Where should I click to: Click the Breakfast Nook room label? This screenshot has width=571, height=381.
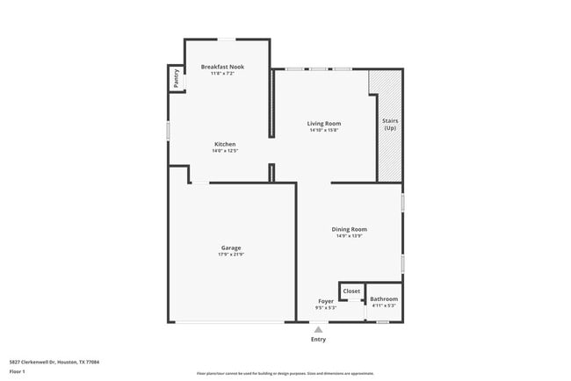click(x=222, y=67)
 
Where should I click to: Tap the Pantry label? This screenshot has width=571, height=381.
click(x=177, y=78)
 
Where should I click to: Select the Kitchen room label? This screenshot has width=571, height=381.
click(x=225, y=144)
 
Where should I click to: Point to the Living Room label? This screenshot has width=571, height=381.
click(x=323, y=124)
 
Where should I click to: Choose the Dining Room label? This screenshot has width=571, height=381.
click(x=349, y=229)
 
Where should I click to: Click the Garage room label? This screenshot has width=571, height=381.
click(x=231, y=248)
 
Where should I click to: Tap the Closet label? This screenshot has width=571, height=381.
click(x=351, y=291)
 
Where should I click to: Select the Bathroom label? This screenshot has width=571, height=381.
click(x=384, y=298)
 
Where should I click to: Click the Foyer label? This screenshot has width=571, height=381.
click(x=325, y=300)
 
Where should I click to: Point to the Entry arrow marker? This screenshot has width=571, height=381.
click(x=318, y=329)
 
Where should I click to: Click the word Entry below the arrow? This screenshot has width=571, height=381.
click(x=318, y=340)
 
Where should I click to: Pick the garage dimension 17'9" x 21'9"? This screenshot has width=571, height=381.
click(x=231, y=255)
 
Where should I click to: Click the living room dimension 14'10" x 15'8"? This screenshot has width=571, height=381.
click(x=323, y=131)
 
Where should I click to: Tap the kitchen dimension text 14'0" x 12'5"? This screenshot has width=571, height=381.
click(x=225, y=151)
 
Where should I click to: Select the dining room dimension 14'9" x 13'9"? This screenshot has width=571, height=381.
click(x=349, y=236)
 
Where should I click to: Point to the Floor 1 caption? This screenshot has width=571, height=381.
click(x=18, y=371)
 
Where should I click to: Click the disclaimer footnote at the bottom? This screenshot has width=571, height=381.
click(x=285, y=374)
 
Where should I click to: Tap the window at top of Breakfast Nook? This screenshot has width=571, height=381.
click(x=227, y=39)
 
